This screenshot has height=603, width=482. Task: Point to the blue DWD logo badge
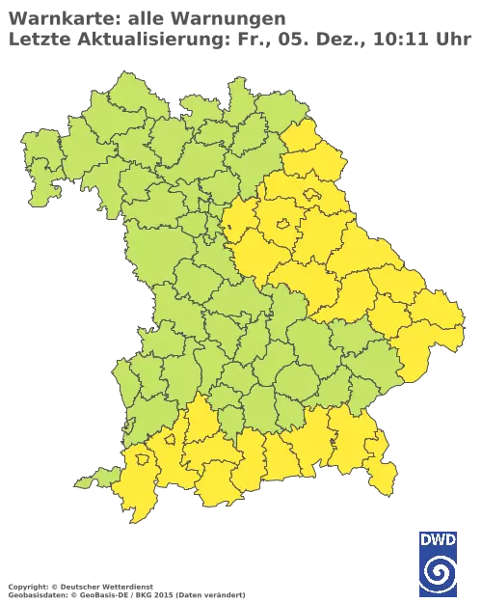pos(438,562)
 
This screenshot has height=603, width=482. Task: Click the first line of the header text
pos(145,15)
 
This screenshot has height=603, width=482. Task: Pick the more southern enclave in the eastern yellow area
pos(282,229)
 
